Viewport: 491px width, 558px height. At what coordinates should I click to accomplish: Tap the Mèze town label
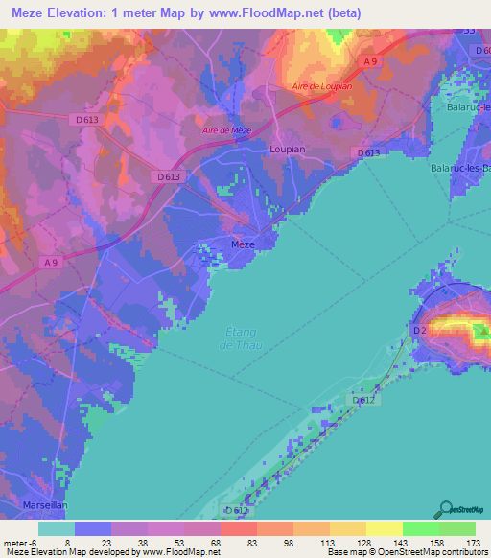[244, 244]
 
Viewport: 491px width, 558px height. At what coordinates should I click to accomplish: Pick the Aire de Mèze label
[226, 130]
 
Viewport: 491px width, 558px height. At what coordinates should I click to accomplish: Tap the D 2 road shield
[418, 331]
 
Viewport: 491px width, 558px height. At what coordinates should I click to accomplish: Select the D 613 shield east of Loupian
[368, 153]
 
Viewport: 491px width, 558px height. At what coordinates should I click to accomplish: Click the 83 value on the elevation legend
[237, 543]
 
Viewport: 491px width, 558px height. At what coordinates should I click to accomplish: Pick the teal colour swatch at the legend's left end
[56, 528]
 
